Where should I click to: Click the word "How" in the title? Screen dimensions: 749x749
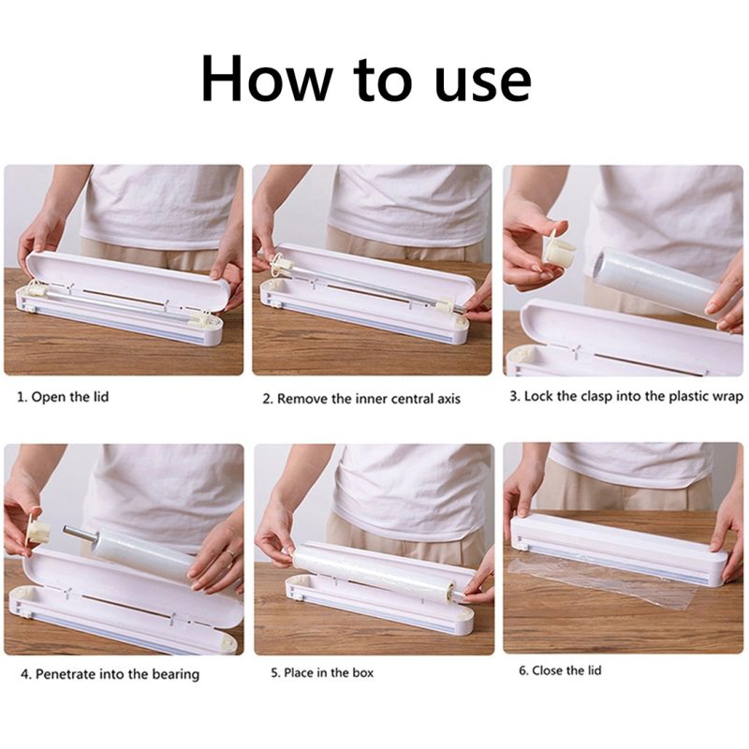tap(267, 79)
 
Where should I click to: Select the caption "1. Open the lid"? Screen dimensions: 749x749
tap(63, 397)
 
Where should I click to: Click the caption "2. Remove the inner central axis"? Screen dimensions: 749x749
tap(361, 399)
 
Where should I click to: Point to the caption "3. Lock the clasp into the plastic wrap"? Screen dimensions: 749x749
tap(626, 396)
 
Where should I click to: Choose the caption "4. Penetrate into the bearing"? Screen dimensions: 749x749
tap(110, 674)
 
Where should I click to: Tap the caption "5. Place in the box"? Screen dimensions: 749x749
tap(322, 672)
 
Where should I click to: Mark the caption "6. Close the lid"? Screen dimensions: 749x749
tap(560, 670)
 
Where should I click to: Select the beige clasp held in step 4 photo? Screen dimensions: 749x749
tap(39, 531)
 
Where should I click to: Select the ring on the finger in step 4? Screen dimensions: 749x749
tap(230, 553)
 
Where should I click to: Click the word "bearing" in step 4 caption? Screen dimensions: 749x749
tap(175, 675)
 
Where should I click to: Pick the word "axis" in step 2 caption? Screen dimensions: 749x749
tap(448, 399)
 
